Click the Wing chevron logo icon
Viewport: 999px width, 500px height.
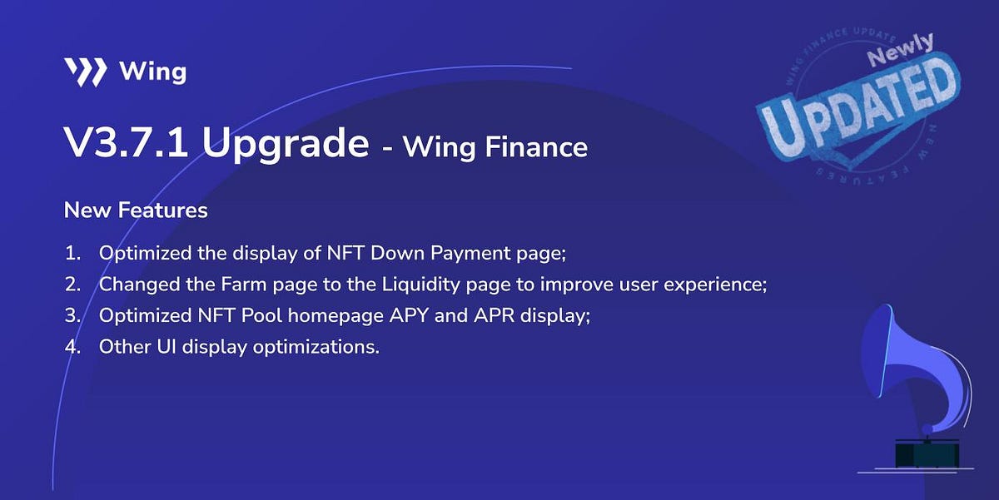pos(85,72)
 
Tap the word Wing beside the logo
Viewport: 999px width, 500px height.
pos(152,72)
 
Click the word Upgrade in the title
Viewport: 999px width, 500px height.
pos(285,145)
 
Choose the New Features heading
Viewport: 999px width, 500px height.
pos(136,210)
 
